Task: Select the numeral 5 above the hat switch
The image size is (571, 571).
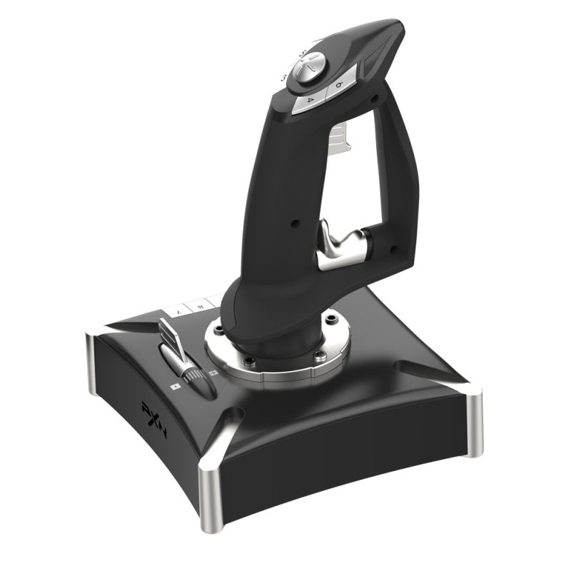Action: (x=304, y=51)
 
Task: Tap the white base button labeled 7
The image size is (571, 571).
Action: (x=177, y=313)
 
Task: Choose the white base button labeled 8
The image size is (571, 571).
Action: (x=201, y=306)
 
